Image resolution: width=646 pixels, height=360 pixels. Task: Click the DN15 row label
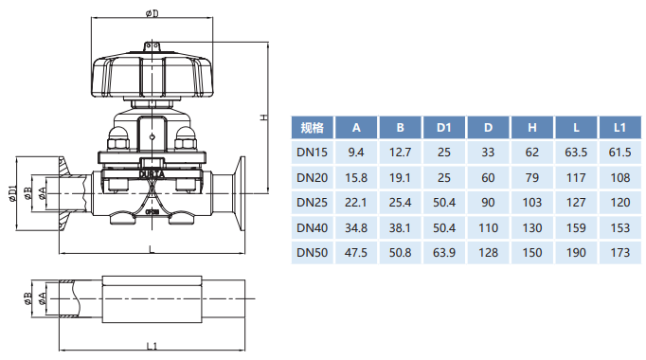coord(312,153)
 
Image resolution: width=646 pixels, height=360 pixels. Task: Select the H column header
coord(532,128)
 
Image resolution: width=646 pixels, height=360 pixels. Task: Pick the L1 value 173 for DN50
coord(620,253)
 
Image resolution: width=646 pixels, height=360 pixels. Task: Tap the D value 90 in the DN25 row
coord(488,203)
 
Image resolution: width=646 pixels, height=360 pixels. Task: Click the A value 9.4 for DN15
coord(356,153)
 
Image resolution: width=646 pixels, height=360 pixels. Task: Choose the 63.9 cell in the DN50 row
coord(443,253)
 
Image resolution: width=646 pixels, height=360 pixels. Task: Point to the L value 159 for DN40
coord(576,227)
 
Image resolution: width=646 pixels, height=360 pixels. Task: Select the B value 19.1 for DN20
coord(400,177)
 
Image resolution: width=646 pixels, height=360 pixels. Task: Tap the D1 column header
coord(443,128)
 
